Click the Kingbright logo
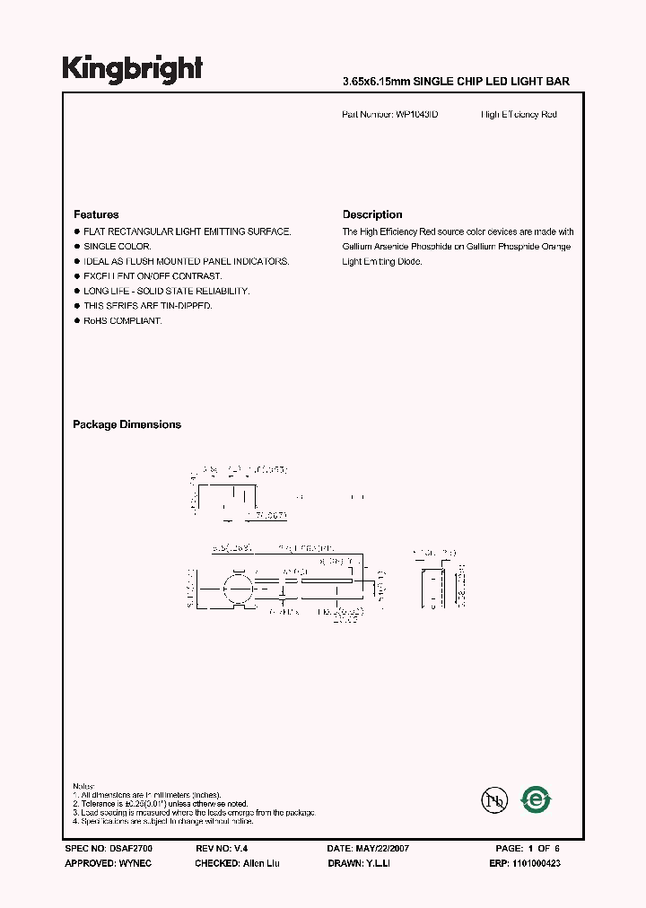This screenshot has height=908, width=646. (132, 69)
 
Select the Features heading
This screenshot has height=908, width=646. (96, 214)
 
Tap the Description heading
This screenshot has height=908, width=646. (372, 214)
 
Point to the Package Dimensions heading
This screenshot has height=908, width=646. (127, 424)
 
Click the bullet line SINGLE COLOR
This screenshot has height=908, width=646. (117, 246)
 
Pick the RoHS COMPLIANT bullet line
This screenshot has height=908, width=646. (122, 320)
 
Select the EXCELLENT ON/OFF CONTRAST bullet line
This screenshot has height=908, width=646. (153, 275)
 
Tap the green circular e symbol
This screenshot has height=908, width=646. (537, 799)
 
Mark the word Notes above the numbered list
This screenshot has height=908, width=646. (83, 786)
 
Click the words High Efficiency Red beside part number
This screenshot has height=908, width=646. (519, 115)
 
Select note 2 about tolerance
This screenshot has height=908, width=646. (161, 804)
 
